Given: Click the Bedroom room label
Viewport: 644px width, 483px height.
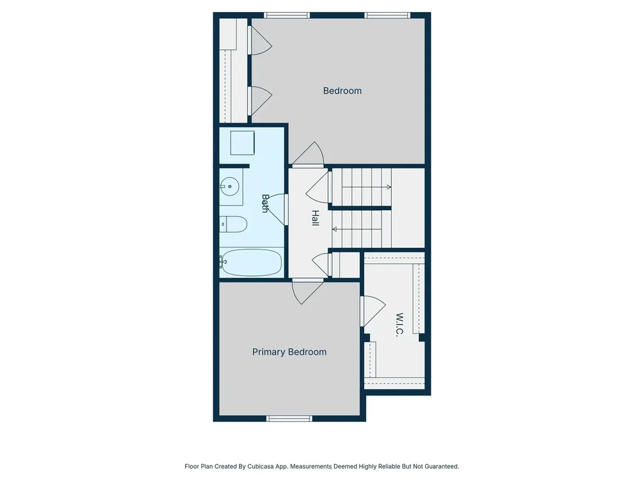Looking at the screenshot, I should coord(342,91).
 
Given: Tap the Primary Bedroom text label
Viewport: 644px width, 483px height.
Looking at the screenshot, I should coord(289,352).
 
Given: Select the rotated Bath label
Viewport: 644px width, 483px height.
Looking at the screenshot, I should coord(265,203).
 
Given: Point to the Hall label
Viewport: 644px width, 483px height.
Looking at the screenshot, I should coord(315,218).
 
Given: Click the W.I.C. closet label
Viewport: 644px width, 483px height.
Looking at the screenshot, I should coord(399,325).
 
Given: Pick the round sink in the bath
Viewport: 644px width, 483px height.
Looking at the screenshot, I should coord(230,186).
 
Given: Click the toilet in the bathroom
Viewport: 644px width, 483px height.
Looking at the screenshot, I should coord(233,223).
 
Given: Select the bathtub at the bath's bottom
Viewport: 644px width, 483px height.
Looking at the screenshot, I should coord(252,262).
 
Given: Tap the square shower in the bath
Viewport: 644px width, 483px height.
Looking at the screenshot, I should coord(241,143).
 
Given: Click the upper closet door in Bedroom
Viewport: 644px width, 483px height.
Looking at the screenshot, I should coord(259,40).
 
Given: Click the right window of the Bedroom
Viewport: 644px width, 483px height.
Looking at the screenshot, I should coord(387,15).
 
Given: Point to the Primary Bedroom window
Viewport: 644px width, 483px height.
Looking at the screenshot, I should coord(289,418).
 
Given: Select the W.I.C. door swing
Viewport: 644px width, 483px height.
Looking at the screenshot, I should coord(372,311).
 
